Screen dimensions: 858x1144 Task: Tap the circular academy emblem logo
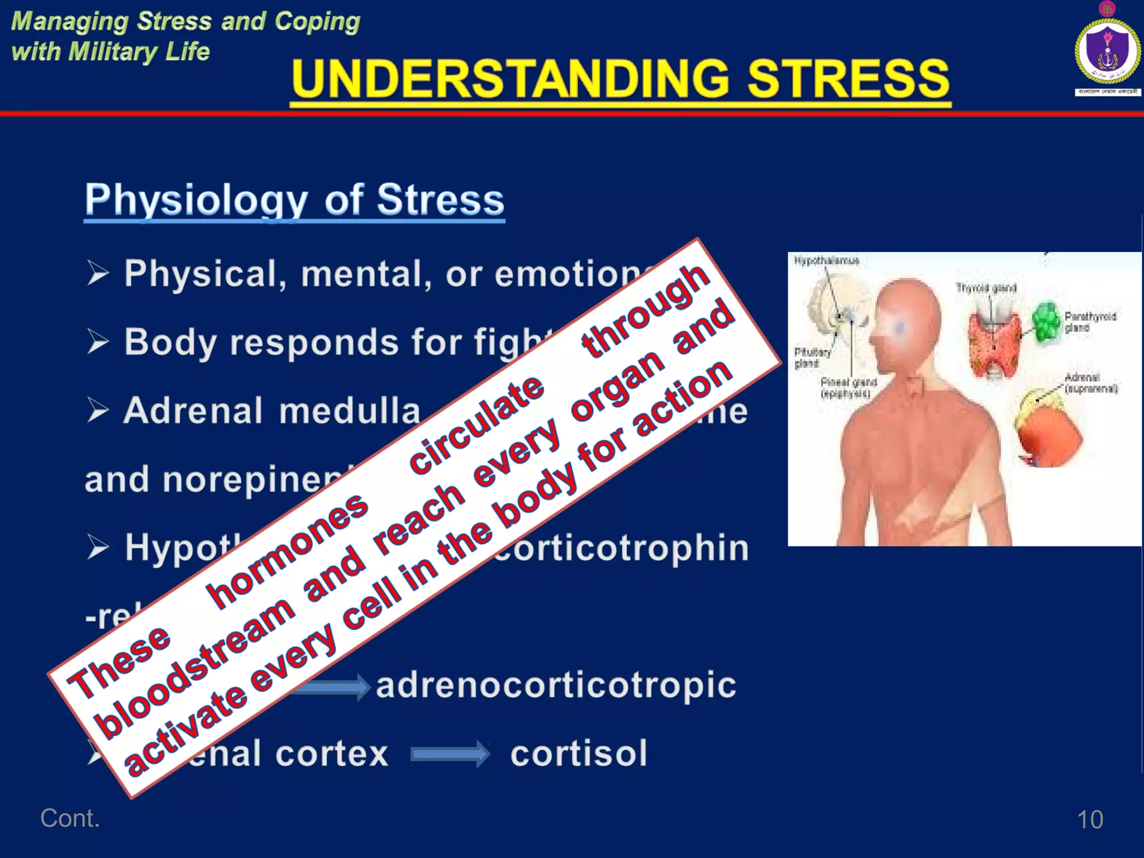pos(1108,51)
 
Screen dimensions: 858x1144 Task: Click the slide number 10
pos(1089,819)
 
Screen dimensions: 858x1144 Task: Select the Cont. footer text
pos(70,818)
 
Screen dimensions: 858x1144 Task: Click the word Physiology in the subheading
pos(196,200)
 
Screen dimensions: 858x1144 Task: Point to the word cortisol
pos(579,754)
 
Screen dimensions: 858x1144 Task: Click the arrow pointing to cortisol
pos(450,755)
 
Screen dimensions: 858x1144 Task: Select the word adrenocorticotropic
pos(556,685)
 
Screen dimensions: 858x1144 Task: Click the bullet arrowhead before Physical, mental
pos(98,273)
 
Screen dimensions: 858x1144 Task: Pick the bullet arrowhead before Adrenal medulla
pos(98,411)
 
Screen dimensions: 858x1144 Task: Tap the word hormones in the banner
pos(288,550)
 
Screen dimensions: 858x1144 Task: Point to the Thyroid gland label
pos(986,288)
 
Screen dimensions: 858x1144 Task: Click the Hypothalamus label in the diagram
pos(826,261)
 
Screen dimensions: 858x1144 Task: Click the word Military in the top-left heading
pos(112,52)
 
